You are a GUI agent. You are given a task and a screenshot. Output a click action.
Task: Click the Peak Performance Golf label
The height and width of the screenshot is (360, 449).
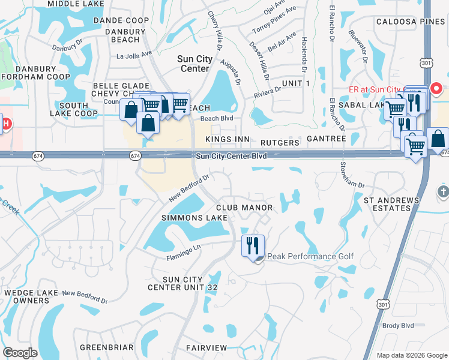coord(310,257)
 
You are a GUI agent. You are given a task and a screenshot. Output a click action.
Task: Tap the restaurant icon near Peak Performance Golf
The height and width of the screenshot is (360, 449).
coord(252,245)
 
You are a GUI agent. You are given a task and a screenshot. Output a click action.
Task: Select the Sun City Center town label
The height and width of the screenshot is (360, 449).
coord(193,64)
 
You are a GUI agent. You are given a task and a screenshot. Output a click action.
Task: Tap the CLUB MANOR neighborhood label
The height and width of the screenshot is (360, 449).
coord(244,208)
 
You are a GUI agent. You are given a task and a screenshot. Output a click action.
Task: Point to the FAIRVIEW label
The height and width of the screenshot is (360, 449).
coord(206,348)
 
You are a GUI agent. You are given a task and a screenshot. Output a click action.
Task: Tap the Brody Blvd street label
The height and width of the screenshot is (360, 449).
coord(399,325)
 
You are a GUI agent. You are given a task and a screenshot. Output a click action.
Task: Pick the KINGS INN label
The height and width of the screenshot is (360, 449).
coord(228,139)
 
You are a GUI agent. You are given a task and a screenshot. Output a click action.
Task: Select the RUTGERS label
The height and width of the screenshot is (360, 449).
coord(280,143)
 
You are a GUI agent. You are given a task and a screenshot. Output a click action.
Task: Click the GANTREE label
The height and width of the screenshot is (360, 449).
coord(327,139)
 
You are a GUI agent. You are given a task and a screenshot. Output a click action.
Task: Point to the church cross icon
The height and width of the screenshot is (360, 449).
coord(442,191)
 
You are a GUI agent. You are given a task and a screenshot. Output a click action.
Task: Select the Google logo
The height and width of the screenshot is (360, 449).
coord(20,353)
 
